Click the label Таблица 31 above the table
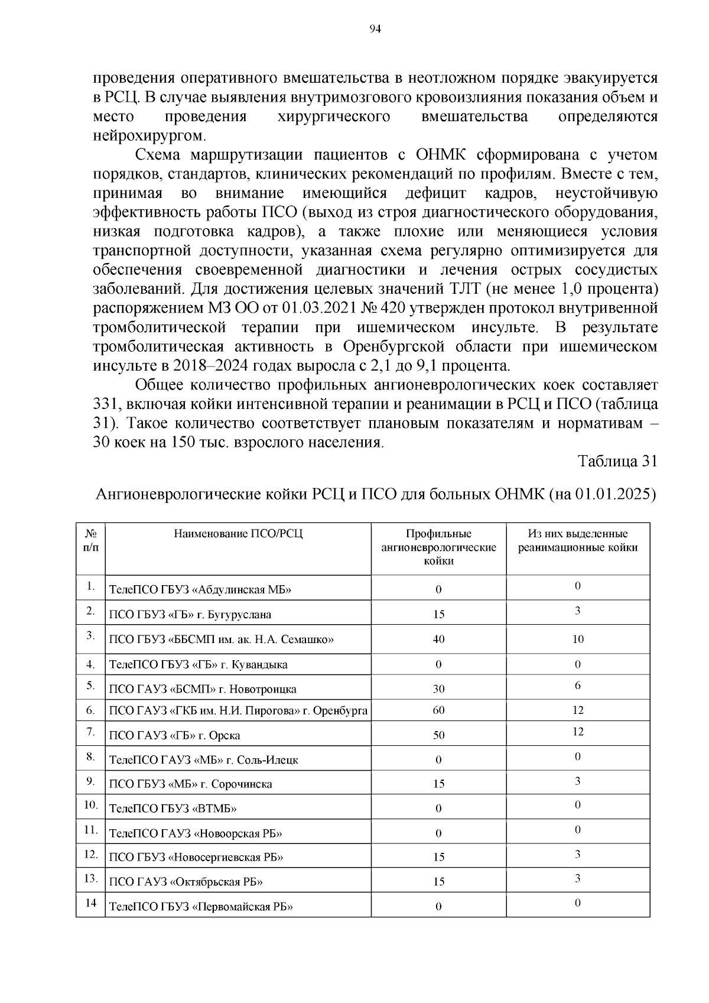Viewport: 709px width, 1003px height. (617, 462)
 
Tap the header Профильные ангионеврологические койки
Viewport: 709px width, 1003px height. (438, 547)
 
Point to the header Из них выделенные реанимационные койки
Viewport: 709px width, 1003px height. (577, 541)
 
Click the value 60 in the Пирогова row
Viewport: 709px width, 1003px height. (438, 710)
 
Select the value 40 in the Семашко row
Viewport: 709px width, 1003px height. (438, 639)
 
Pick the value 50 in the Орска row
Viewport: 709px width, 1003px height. (438, 735)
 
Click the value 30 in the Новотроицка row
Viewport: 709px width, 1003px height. (438, 689)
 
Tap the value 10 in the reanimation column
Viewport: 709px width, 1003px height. (577, 639)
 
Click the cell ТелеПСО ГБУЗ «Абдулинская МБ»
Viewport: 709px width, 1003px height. (200, 590)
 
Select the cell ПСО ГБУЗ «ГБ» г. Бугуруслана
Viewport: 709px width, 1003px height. (190, 615)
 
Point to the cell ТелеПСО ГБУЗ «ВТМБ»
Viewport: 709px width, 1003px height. (173, 809)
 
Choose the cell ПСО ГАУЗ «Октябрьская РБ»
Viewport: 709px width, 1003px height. (186, 882)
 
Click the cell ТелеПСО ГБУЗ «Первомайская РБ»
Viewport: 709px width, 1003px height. (201, 907)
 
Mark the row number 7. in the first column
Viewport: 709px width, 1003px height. (90, 732)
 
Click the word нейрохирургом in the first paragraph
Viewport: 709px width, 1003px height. (149, 136)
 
